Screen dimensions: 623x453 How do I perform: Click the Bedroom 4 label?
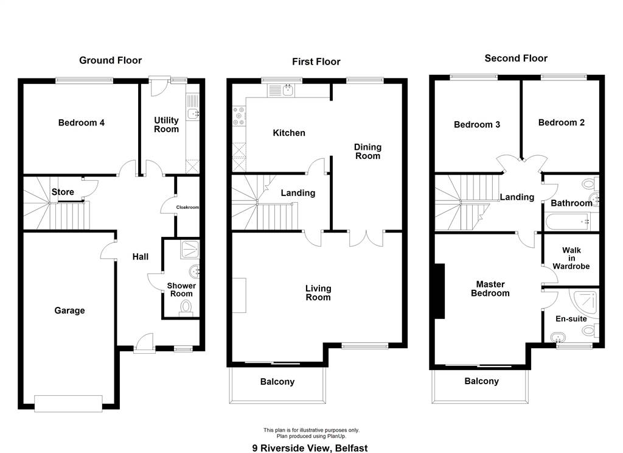(x=82, y=123)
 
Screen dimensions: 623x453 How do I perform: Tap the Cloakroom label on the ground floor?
(x=187, y=207)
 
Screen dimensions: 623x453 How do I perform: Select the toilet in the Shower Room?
(x=186, y=308)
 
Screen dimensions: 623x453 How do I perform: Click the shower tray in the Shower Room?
(x=190, y=250)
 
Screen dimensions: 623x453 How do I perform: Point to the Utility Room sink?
(x=193, y=114)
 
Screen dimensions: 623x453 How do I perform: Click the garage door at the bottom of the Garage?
(x=68, y=403)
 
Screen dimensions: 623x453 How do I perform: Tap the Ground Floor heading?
(x=111, y=60)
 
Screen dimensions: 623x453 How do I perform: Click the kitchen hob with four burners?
(x=239, y=116)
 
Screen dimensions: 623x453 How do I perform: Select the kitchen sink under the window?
(x=288, y=91)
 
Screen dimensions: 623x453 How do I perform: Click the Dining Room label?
(x=368, y=152)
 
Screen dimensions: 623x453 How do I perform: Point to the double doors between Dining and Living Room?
(x=367, y=239)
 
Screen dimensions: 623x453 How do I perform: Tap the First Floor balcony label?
(x=277, y=382)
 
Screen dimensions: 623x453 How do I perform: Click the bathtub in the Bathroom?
(x=568, y=222)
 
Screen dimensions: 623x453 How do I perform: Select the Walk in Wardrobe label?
(x=571, y=258)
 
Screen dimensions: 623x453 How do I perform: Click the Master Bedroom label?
(x=490, y=289)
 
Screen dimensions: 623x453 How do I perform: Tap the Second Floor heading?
(x=516, y=58)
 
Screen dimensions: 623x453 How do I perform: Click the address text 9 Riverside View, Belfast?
(x=310, y=448)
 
